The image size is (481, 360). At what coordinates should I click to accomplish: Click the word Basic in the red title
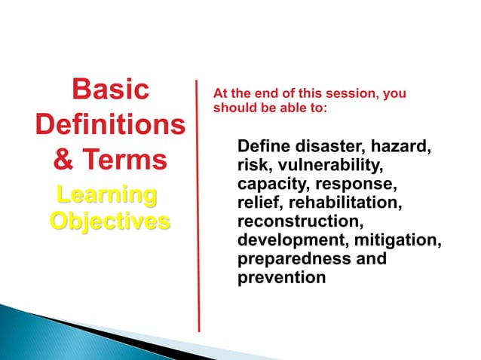(x=109, y=90)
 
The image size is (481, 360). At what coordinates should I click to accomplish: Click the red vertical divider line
(x=199, y=203)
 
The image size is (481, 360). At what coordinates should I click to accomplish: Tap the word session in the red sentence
(x=332, y=94)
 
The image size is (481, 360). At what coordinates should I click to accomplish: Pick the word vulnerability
(x=332, y=165)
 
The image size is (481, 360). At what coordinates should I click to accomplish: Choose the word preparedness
(x=296, y=259)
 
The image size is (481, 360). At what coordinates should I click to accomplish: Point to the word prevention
(x=281, y=278)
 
